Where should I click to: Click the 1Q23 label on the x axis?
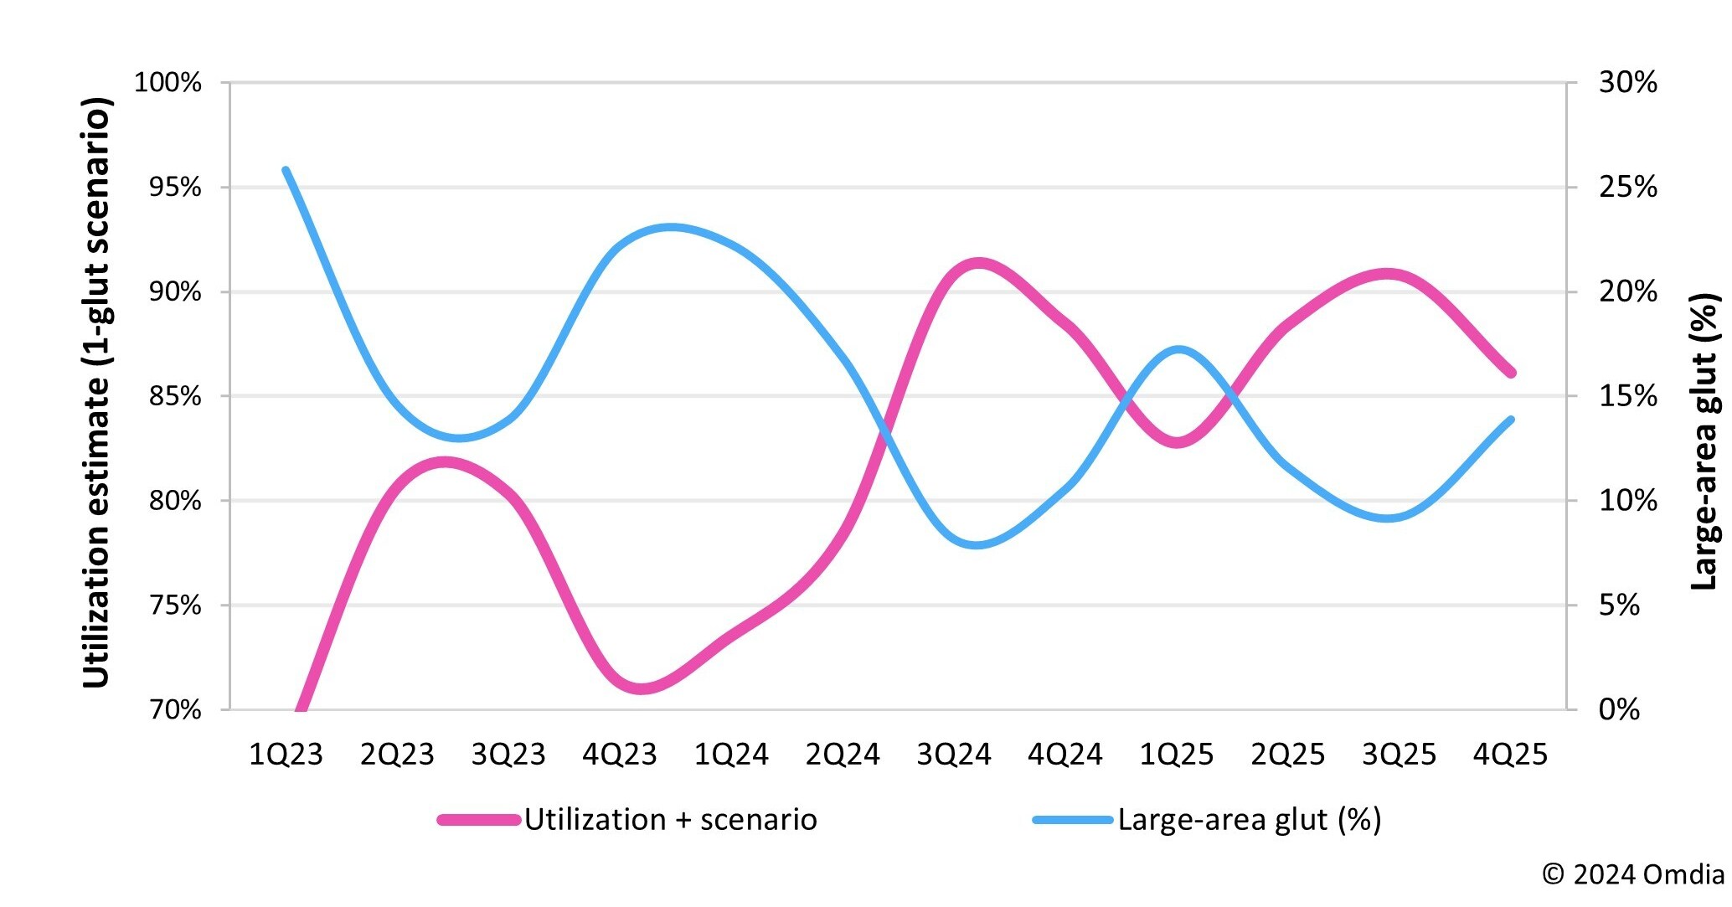[286, 755]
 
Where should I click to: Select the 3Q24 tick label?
[953, 755]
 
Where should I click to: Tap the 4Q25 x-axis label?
[1510, 755]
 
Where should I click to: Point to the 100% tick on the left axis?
[168, 83]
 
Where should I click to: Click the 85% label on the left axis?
[175, 396]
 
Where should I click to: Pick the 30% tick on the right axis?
[1627, 83]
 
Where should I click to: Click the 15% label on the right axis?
[1627, 396]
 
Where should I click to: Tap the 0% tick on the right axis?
[1618, 710]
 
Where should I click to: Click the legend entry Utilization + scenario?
[670, 819]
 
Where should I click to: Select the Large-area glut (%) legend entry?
[1249, 819]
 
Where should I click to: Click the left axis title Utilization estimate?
[96, 394]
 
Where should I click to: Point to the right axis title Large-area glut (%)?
[1704, 441]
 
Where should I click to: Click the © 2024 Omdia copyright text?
[1632, 874]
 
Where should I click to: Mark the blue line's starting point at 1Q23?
[286, 170]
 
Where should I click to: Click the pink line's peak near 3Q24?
[977, 264]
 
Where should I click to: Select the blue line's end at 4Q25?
[1511, 420]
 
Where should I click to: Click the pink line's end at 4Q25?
[1511, 374]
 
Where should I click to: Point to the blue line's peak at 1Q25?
[1178, 349]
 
